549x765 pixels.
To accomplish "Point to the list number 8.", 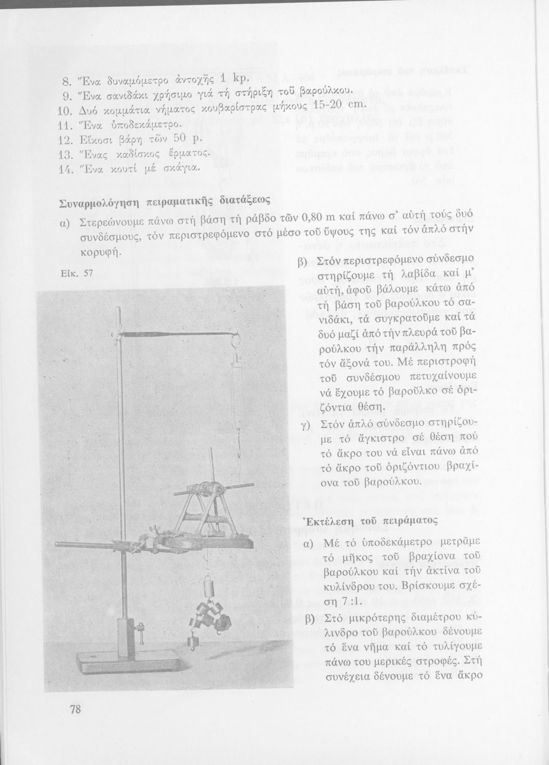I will [x=66, y=82].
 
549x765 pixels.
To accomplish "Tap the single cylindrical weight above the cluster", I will [x=208, y=584].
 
